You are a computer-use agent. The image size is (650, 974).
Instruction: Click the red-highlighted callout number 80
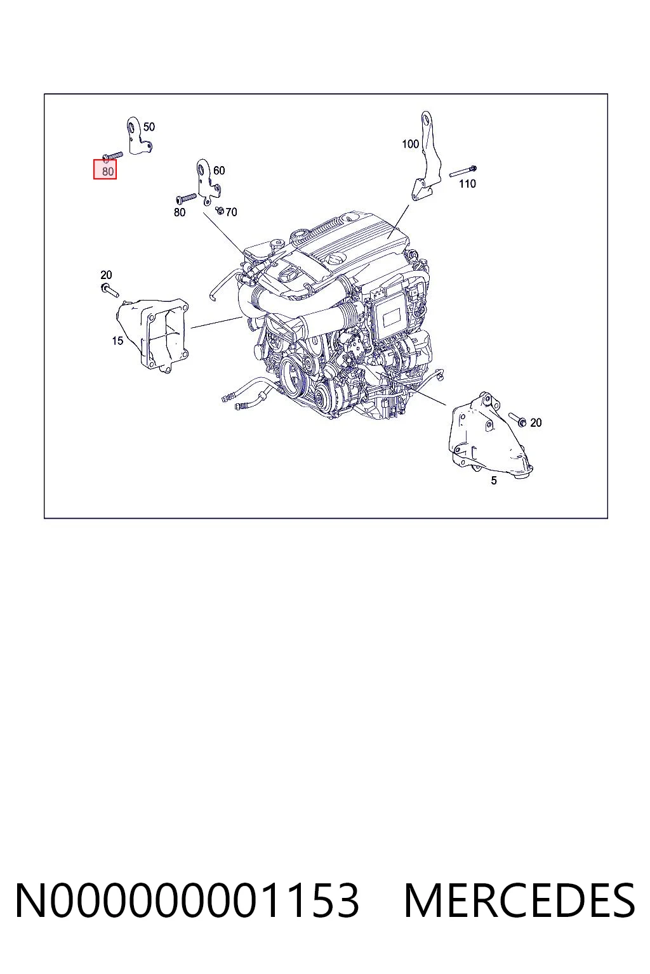(107, 171)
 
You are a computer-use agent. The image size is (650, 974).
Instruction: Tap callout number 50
(149, 127)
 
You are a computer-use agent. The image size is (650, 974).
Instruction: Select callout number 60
(219, 171)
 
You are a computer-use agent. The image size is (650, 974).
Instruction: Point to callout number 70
(231, 212)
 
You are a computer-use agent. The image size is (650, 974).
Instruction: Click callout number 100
(410, 144)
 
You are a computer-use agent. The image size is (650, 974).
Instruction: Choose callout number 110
(467, 184)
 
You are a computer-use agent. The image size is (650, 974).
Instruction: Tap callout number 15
(117, 341)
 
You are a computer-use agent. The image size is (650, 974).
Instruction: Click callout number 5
(494, 481)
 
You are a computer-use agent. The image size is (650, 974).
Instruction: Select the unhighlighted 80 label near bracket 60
(180, 212)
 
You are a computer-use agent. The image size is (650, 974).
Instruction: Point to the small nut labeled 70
(220, 211)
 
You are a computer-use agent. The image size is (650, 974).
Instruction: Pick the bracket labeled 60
(206, 183)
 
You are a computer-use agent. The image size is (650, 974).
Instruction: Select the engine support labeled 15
(152, 335)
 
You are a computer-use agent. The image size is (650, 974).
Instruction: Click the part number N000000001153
(187, 901)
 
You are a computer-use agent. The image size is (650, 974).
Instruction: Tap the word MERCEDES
(520, 901)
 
